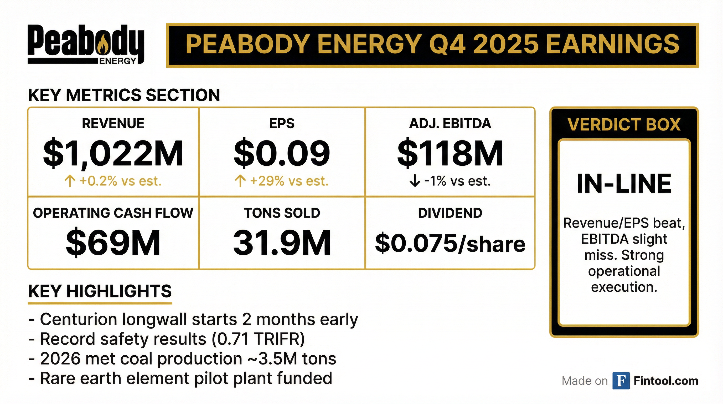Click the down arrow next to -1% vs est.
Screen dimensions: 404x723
[415, 181]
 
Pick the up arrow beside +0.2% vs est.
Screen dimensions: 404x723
[70, 181]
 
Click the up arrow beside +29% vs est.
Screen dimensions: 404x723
[240, 181]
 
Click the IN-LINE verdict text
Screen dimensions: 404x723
[624, 184]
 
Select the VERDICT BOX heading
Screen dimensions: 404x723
[624, 124]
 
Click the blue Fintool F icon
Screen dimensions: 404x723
[621, 381]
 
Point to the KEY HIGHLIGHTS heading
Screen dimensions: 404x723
[100, 291]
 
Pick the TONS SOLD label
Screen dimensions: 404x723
[282, 213]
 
